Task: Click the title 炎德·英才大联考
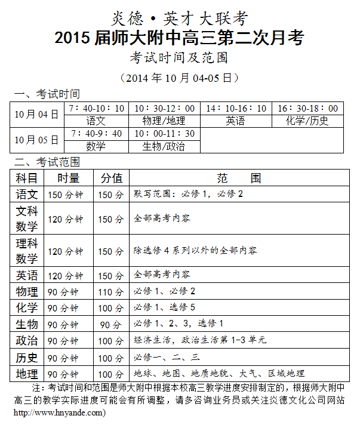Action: tap(179, 19)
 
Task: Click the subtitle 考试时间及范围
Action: tap(179, 58)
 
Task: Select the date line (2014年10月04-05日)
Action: tap(179, 78)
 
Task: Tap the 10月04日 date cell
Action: tap(37, 114)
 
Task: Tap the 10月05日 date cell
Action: tap(37, 140)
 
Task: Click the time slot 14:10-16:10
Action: tap(236, 109)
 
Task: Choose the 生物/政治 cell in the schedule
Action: tap(164, 146)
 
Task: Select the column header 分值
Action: tap(111, 178)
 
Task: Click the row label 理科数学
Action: tap(27, 251)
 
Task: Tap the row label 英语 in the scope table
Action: tap(27, 275)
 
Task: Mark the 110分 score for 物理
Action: tap(111, 292)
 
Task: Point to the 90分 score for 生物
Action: tap(111, 325)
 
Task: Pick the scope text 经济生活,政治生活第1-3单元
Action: tap(200, 340)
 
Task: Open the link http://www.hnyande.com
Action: tap(59, 412)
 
